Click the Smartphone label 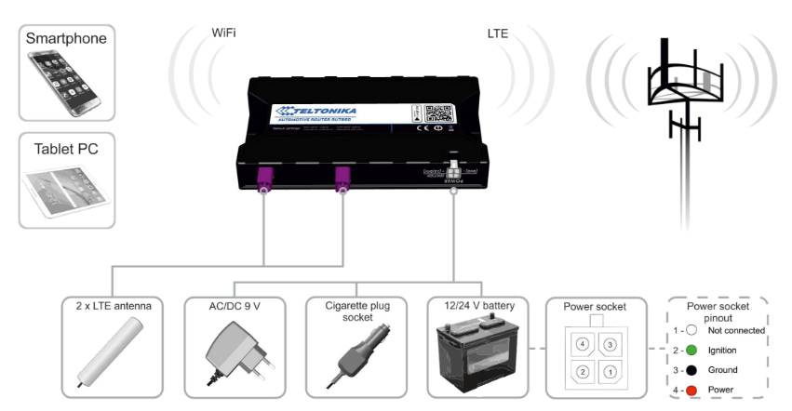[66, 38]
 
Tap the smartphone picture [65, 85]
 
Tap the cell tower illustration [687, 102]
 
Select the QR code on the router [437, 114]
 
